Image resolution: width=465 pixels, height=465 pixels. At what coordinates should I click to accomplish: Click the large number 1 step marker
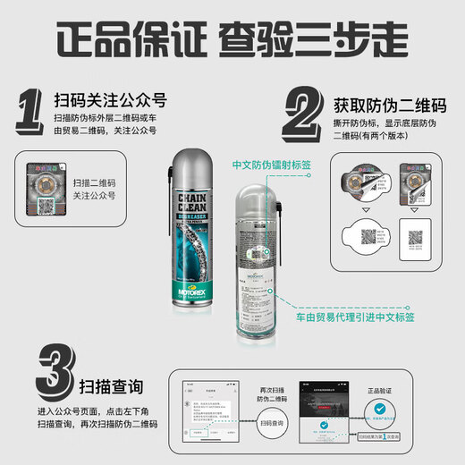pyautogui.click(x=34, y=113)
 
